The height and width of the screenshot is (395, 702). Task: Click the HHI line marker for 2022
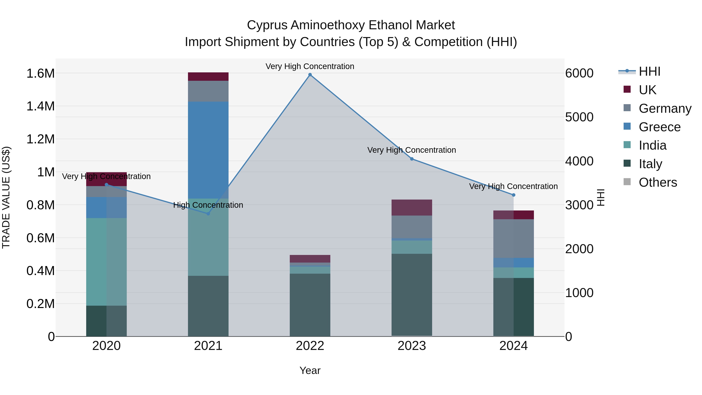tap(310, 75)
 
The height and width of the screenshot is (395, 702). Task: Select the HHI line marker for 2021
tap(208, 214)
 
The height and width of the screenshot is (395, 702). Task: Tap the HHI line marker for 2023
tap(412, 159)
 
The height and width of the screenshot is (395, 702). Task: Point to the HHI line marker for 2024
tap(513, 195)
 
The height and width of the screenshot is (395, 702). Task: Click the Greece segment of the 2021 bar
tap(208, 150)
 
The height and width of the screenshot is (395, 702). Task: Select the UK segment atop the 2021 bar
tap(208, 77)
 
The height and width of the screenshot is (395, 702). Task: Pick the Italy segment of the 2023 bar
tap(412, 294)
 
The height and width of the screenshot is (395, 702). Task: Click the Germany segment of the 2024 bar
tap(513, 239)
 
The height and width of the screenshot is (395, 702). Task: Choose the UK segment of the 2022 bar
tap(310, 259)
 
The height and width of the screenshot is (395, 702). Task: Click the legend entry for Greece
tap(659, 127)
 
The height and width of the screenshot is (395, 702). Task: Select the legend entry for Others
tap(658, 182)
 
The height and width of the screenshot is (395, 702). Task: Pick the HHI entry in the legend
tap(649, 71)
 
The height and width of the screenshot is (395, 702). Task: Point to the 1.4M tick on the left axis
tap(41, 106)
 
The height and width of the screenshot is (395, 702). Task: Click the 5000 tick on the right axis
tap(579, 117)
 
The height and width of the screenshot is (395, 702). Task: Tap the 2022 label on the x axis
tap(310, 346)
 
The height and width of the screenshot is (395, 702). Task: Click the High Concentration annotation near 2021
tap(208, 205)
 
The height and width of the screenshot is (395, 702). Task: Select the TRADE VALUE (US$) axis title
tap(6, 197)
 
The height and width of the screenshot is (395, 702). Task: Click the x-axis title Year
tap(310, 370)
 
